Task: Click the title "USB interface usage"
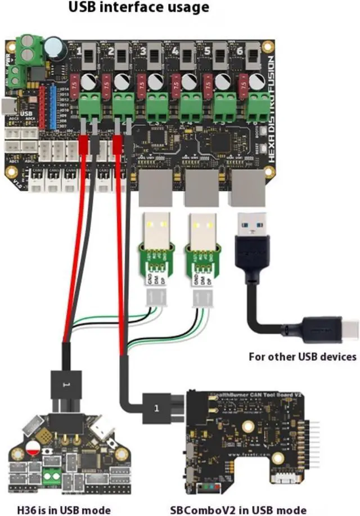(138, 8)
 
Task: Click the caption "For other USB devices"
(303, 356)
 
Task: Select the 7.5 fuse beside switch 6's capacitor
(244, 84)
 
